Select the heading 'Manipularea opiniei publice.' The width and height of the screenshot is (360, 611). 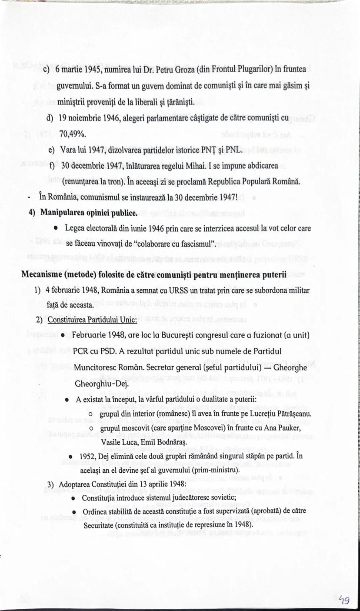pos(89,213)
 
